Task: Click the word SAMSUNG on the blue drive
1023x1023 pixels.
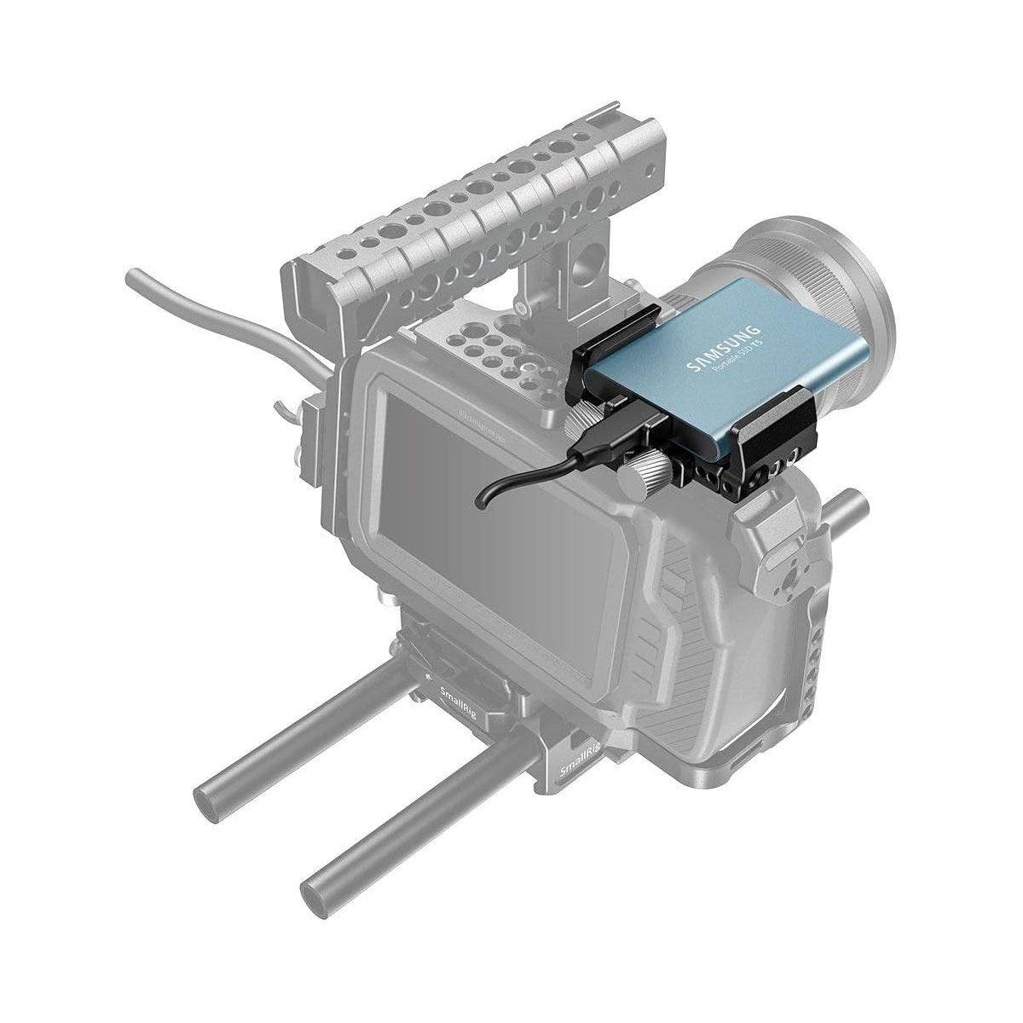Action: (724, 344)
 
